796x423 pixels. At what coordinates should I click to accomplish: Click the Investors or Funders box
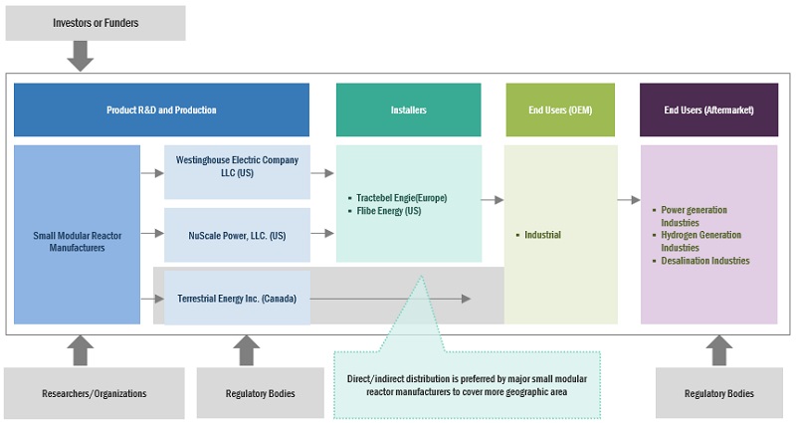coord(96,23)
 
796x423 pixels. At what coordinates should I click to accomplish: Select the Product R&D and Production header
coord(161,109)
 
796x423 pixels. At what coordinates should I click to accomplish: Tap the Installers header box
coord(408,109)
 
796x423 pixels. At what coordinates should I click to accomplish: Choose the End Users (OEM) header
coord(562,109)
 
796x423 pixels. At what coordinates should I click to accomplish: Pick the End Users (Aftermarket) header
coord(708,109)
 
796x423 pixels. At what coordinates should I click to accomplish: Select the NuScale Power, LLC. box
coord(237,235)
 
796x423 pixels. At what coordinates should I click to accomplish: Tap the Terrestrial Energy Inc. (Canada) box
coord(237,298)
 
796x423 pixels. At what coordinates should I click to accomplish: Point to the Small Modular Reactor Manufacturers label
coord(77,241)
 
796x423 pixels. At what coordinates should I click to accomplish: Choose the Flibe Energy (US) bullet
coord(388,211)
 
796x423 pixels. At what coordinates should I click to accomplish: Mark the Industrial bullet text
coord(542,235)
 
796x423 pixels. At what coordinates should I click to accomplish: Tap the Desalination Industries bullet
coord(704,261)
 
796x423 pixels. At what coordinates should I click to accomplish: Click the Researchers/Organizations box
coord(96,393)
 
